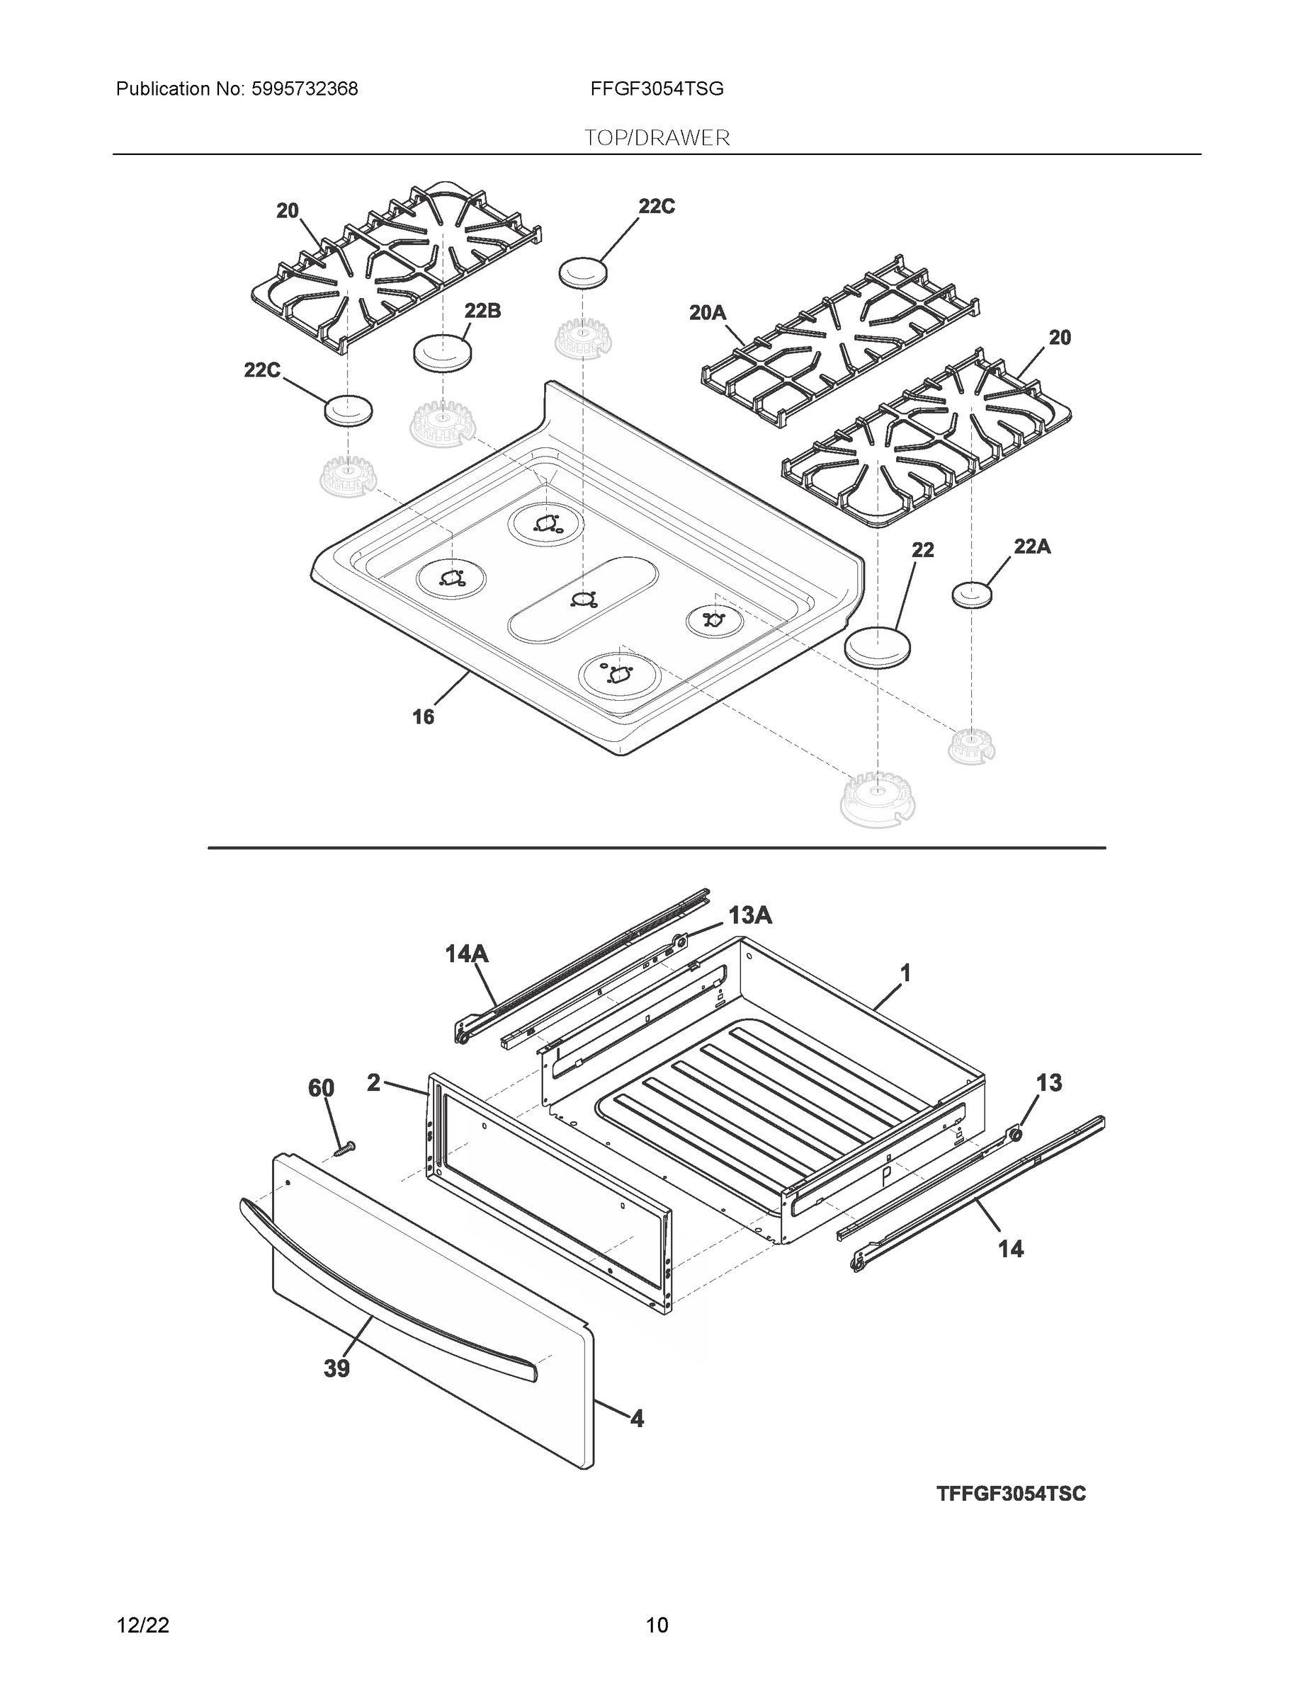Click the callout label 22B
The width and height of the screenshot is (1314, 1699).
482,311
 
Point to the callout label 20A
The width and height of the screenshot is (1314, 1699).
707,313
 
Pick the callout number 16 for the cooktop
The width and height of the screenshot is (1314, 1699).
423,716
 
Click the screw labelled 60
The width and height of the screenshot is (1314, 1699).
343,1148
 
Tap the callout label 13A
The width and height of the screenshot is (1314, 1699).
749,915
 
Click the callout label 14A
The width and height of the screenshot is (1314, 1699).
466,953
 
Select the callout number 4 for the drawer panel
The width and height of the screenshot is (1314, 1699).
636,1419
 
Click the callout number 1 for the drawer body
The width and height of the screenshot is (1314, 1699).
905,973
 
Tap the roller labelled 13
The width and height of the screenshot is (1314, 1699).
1014,1136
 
